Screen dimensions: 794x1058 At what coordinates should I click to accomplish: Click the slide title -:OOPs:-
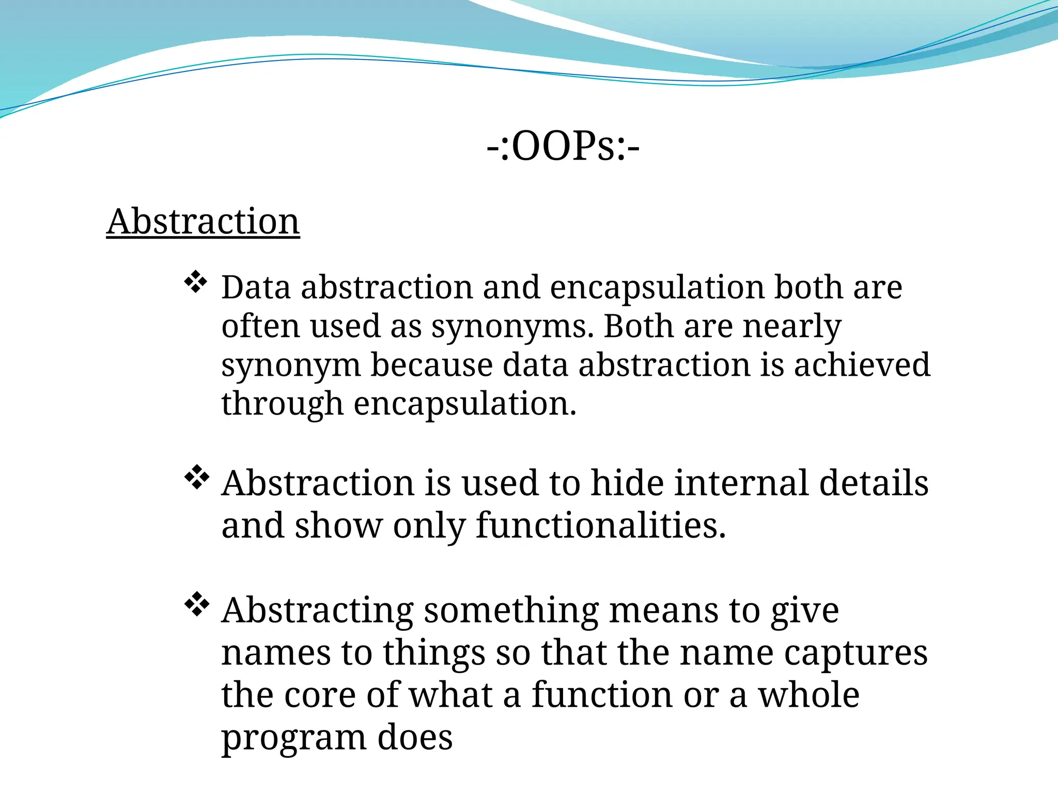tap(563, 146)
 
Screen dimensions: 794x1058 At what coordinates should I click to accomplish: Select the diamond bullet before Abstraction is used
tap(196, 478)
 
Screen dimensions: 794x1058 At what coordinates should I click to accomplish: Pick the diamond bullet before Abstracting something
tap(196, 605)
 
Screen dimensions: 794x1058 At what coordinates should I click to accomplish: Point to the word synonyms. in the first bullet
tap(512, 327)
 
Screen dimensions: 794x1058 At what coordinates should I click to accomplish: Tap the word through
tap(282, 404)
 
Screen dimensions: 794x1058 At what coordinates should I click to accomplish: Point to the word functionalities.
tap(600, 526)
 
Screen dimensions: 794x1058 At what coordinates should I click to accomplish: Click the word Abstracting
tap(318, 612)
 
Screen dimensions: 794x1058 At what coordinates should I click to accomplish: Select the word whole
tap(808, 695)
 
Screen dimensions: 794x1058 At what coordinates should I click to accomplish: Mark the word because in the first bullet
tap(432, 365)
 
